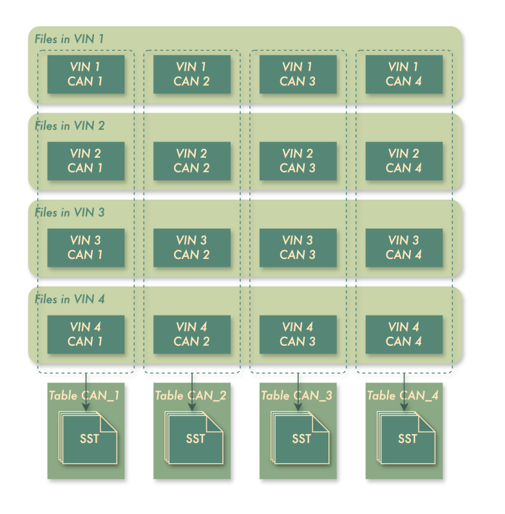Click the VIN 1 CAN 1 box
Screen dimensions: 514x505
[85, 74]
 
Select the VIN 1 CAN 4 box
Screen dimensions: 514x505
[404, 74]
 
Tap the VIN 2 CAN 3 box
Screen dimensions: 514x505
[298, 161]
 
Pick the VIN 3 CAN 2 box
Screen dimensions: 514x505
[191, 247]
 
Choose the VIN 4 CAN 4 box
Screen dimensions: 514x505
[404, 334]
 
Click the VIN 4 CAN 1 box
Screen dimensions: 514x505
[85, 334]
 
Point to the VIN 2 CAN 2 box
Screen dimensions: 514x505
[191, 161]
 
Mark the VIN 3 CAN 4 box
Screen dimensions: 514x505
[404, 247]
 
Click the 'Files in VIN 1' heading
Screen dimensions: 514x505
[69, 39]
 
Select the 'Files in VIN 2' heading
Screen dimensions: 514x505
[70, 126]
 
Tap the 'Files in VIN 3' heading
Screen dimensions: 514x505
[70, 213]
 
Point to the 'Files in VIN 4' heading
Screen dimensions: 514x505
[70, 300]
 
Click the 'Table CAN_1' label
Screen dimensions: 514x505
[84, 395]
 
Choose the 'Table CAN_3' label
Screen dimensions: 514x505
[296, 395]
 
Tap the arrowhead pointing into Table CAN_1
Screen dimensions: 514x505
[86, 406]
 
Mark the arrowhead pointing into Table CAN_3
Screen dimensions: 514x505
[298, 406]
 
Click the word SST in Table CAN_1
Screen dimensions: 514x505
[89, 439]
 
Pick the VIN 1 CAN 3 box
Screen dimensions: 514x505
[298, 74]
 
